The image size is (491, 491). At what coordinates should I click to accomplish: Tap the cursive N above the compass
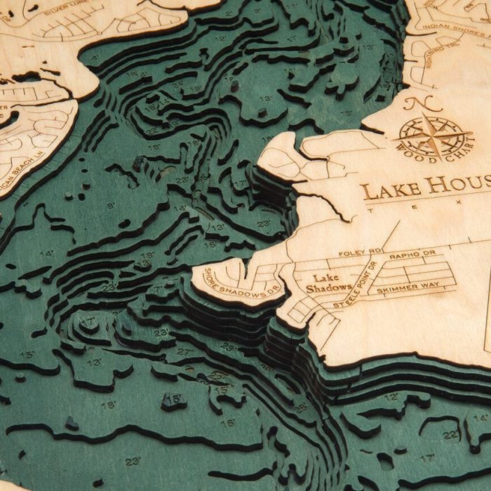(433, 105)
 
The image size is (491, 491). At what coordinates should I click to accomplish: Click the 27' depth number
(184, 351)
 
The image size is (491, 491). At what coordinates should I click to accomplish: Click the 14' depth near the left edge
(46, 253)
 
